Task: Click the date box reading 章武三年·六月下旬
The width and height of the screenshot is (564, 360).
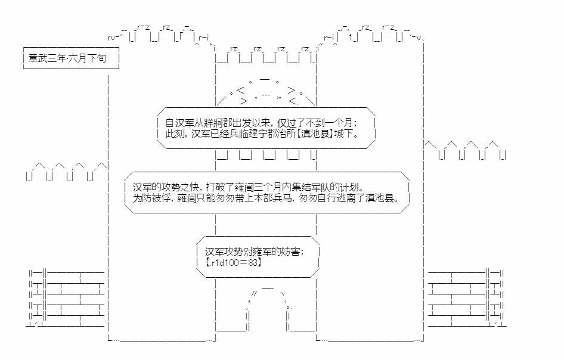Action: click(x=71, y=58)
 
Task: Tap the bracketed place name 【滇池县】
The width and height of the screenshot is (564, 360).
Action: click(x=315, y=134)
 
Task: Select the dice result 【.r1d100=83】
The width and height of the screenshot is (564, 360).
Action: click(x=234, y=262)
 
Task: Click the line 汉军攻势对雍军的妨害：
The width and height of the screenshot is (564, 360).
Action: click(x=255, y=252)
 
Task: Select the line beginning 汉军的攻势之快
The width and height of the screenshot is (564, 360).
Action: click(x=249, y=187)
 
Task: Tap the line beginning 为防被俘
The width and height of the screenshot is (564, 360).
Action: click(x=266, y=198)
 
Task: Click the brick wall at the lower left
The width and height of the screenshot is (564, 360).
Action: click(x=66, y=298)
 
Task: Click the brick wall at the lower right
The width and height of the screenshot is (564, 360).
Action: click(x=467, y=298)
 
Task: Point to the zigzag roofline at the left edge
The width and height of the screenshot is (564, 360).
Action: click(x=67, y=172)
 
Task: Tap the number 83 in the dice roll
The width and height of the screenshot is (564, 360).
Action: click(x=253, y=262)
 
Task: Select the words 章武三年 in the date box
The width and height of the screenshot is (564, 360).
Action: click(x=48, y=58)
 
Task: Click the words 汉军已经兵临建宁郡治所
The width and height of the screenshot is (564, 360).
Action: click(x=243, y=134)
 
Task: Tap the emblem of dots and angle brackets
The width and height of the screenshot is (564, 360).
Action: click(x=265, y=91)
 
